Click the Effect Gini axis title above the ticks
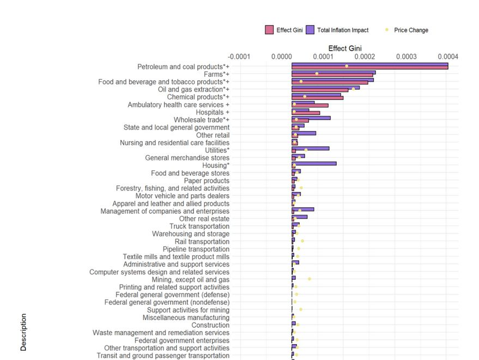(x=344, y=49)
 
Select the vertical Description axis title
(x=23, y=331)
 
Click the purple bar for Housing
(x=314, y=163)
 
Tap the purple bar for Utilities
(x=311, y=148)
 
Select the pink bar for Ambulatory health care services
(x=310, y=106)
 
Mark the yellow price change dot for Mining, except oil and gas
(x=310, y=279)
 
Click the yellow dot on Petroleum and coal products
(x=347, y=66)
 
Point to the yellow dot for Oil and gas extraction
(x=353, y=89)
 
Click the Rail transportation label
(x=202, y=242)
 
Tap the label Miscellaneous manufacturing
(x=186, y=317)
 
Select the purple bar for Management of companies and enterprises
(x=303, y=209)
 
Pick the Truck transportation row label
(x=199, y=226)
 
